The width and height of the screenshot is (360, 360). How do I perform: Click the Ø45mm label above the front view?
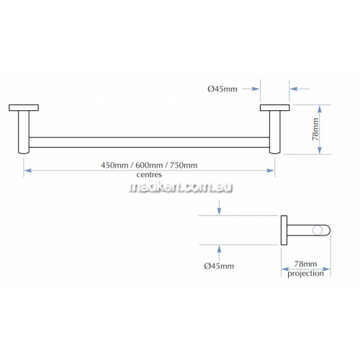click(222, 89)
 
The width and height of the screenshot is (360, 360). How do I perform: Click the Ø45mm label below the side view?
click(219, 266)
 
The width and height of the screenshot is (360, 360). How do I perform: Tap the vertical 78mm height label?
click(315, 130)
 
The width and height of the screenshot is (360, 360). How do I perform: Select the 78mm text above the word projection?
click(305, 264)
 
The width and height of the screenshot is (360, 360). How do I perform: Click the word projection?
click(305, 274)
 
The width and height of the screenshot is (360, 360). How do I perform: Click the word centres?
click(149, 175)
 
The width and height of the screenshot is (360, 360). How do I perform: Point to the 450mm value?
click(114, 165)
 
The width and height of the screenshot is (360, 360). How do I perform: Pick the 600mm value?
click(149, 165)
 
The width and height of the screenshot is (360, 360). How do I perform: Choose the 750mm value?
click(184, 165)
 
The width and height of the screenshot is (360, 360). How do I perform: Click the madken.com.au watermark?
click(181, 187)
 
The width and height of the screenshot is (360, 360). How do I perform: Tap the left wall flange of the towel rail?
click(24, 108)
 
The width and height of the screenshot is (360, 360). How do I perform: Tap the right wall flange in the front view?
click(275, 108)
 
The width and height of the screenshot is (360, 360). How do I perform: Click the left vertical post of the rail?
click(24, 132)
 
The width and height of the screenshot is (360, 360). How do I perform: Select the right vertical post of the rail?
click(275, 132)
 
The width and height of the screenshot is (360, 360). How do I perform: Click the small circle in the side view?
click(318, 230)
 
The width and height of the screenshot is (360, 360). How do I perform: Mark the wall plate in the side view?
click(284, 230)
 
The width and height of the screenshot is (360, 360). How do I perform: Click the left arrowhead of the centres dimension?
click(28, 171)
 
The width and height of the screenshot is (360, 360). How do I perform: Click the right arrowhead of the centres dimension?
click(271, 171)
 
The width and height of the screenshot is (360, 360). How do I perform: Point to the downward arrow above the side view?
click(219, 207)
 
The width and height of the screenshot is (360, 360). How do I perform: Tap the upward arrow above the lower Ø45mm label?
click(219, 253)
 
